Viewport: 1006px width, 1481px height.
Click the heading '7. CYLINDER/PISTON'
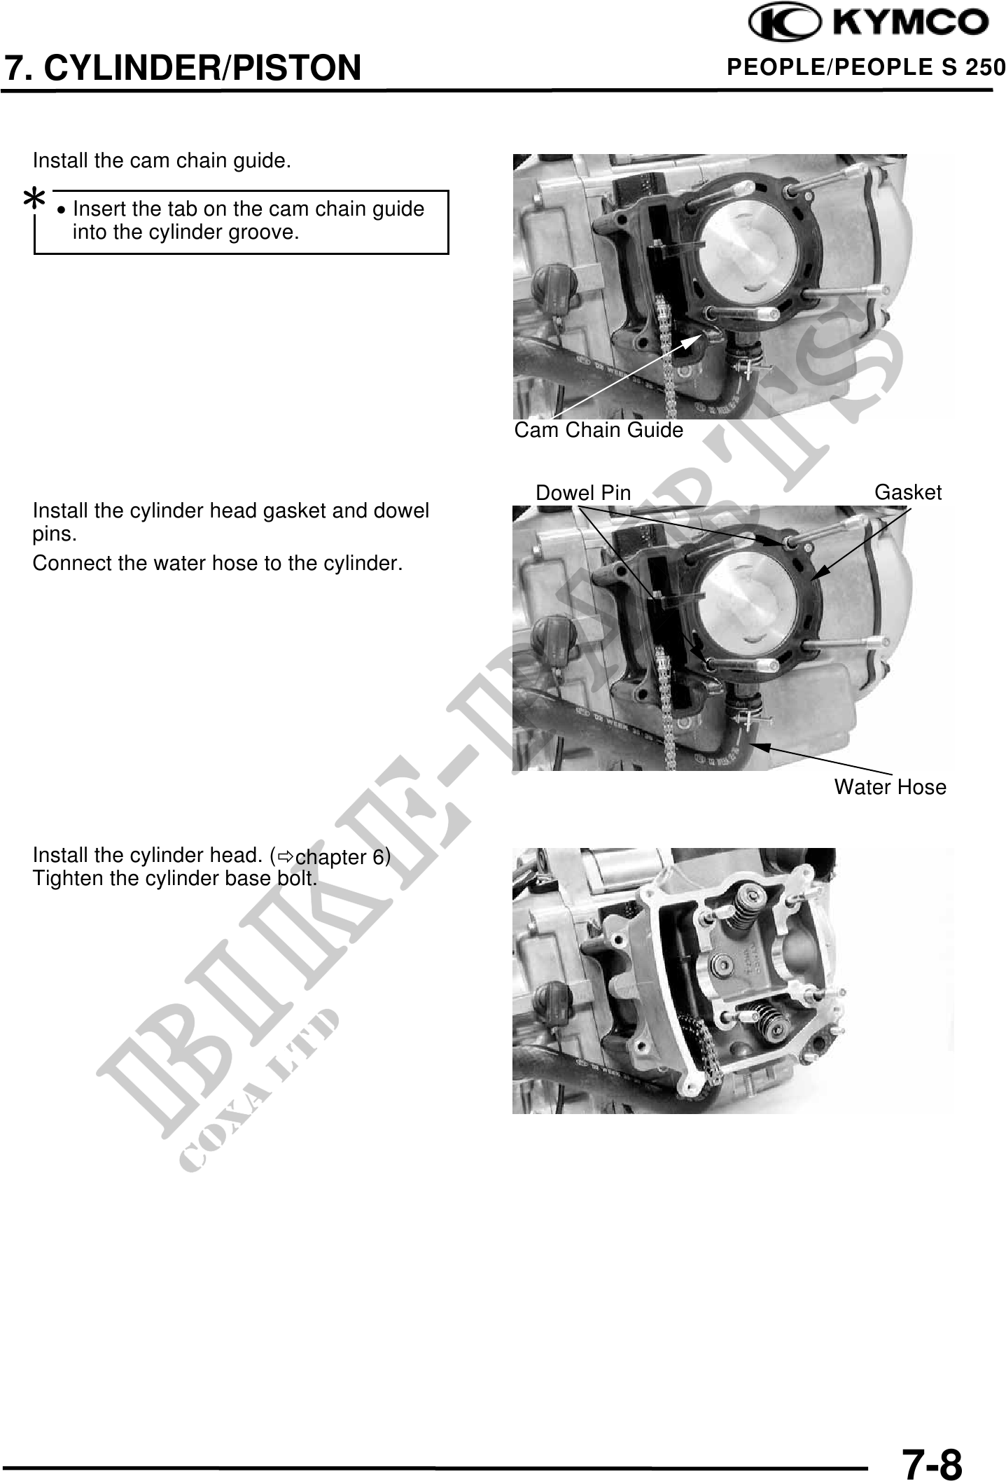[x=183, y=68]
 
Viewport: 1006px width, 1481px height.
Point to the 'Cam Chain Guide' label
[x=599, y=430]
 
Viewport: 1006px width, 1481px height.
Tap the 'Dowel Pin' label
[x=583, y=493]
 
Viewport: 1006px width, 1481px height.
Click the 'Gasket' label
[x=908, y=492]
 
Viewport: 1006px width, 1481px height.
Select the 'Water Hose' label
[x=890, y=787]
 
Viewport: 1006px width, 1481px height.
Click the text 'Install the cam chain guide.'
[x=162, y=160]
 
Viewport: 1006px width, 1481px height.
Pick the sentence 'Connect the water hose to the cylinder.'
[x=218, y=563]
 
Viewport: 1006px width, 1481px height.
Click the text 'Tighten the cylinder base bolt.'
[x=176, y=878]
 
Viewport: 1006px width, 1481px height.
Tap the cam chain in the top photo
[x=664, y=357]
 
